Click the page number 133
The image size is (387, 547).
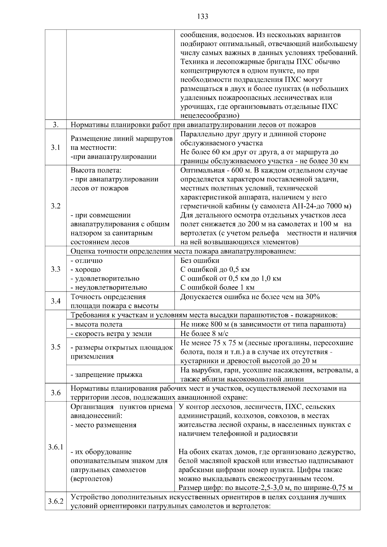tap(203, 16)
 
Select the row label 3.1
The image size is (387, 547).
tap(55, 148)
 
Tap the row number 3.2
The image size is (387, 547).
tap(55, 206)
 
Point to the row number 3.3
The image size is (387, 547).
tap(55, 269)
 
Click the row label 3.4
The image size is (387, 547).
tap(55, 301)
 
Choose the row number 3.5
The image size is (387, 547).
tap(55, 347)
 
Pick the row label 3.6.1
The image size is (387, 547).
tap(55, 447)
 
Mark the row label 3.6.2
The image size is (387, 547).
tap(55, 501)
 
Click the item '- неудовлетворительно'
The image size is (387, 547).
tap(109, 287)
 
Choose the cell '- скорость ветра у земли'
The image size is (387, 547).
tap(111, 334)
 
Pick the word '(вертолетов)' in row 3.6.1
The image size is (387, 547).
tap(91, 479)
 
